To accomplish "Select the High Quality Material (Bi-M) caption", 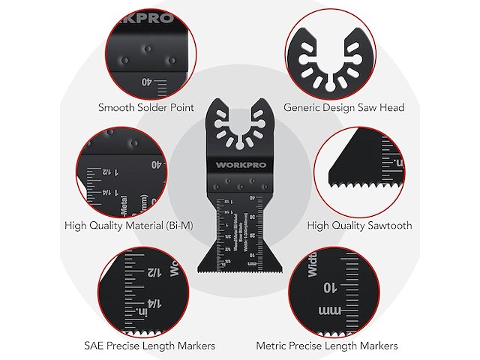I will coord(139,223).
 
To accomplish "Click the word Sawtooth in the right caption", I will coord(379,223).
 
